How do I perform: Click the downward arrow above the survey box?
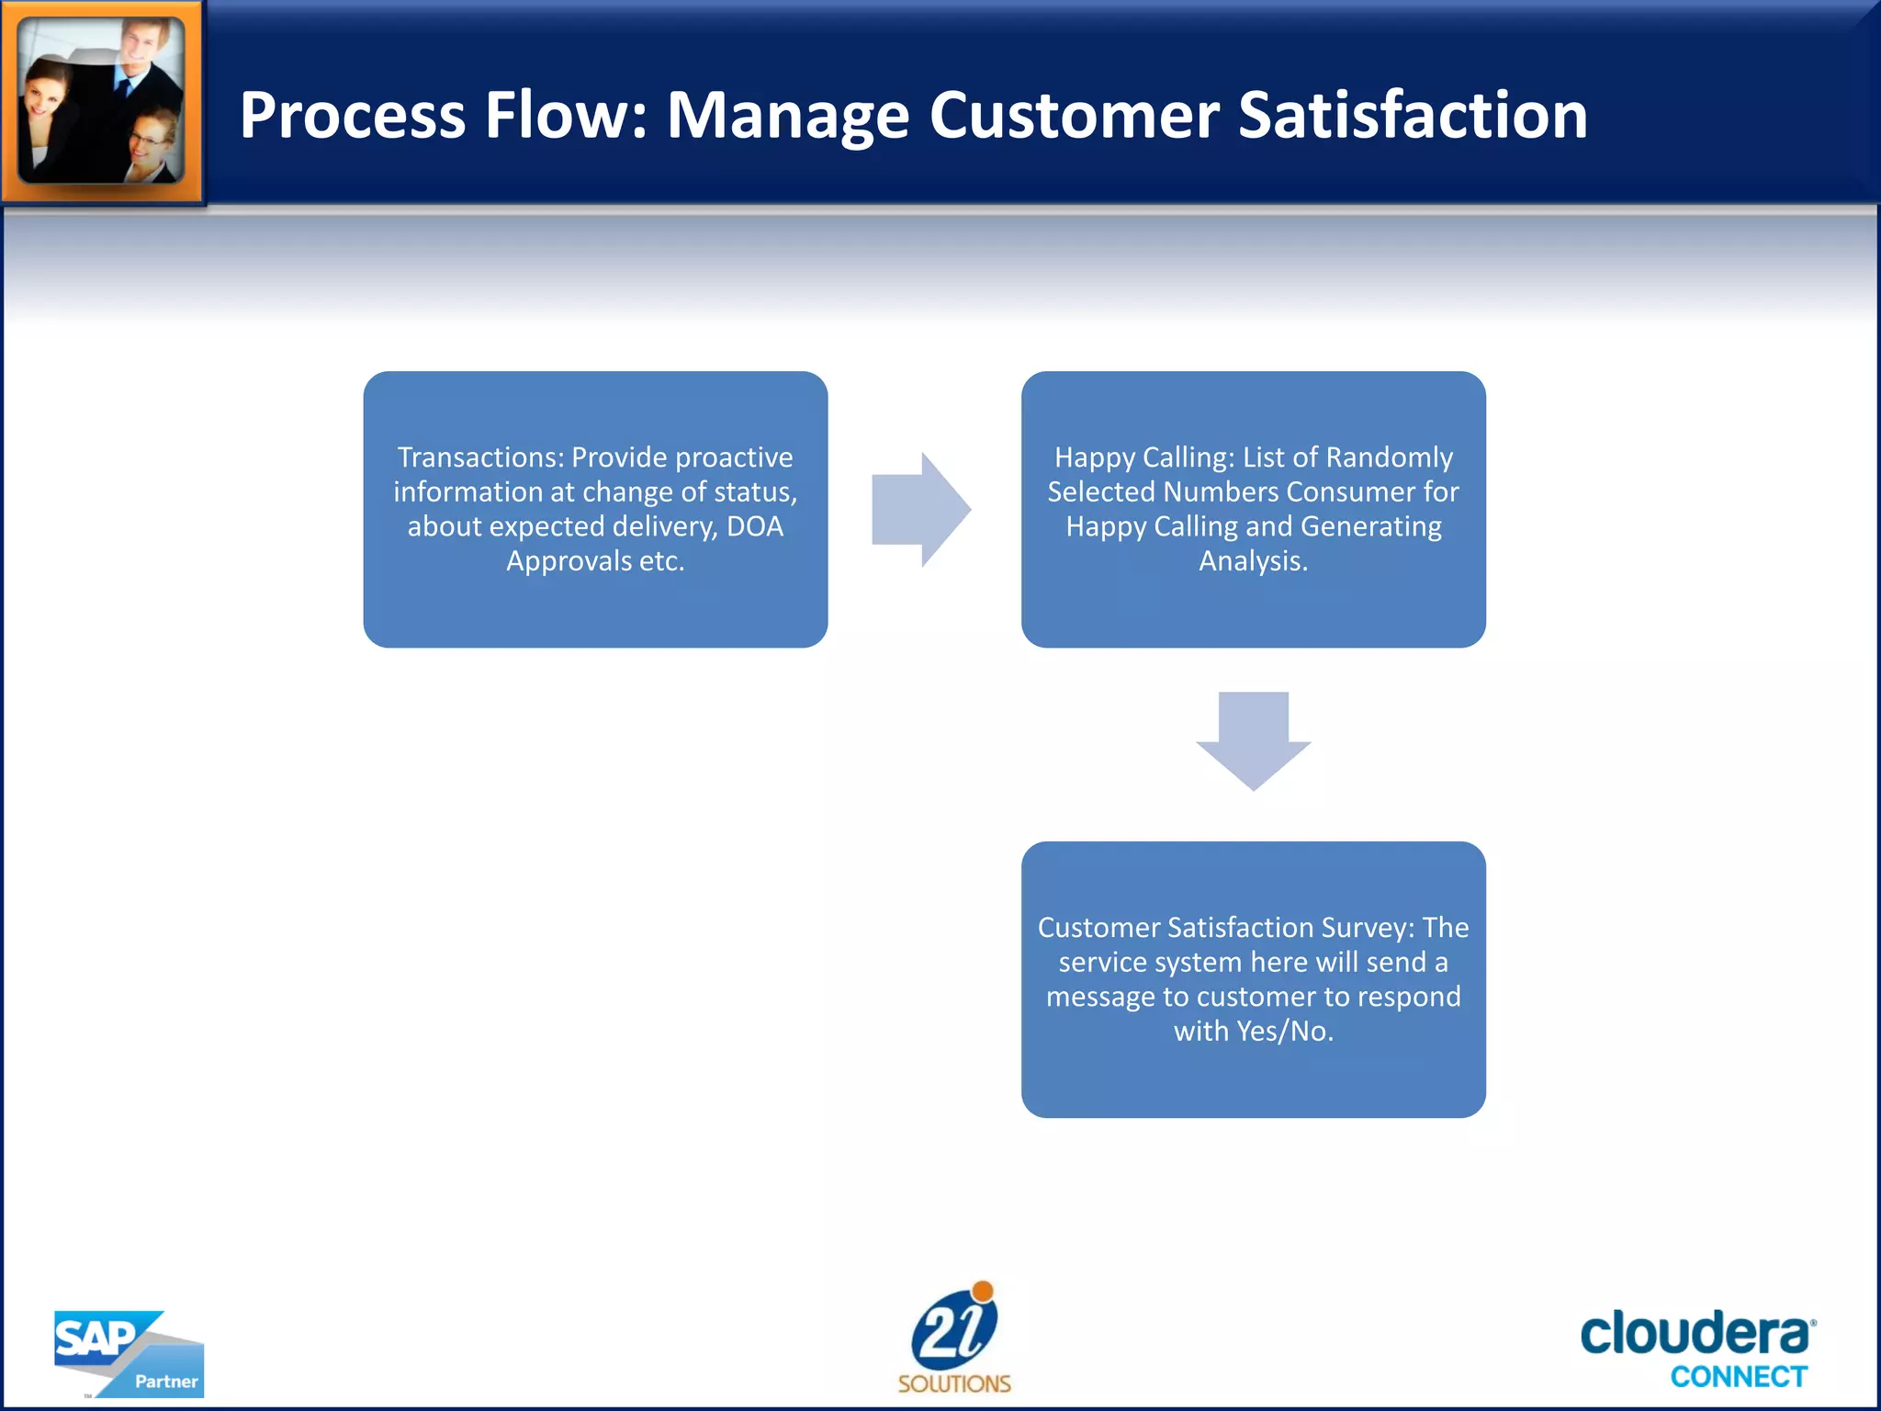(x=1253, y=740)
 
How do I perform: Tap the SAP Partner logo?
(x=128, y=1353)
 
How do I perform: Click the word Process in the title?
(x=353, y=116)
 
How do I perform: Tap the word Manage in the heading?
(x=787, y=116)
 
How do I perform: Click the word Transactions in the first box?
(x=479, y=457)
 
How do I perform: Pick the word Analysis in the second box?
(x=1253, y=561)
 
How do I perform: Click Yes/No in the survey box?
(x=1285, y=1032)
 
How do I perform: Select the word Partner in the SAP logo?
(x=166, y=1382)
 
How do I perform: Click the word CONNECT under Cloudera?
(x=1739, y=1377)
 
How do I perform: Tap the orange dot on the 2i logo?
(x=983, y=1292)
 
